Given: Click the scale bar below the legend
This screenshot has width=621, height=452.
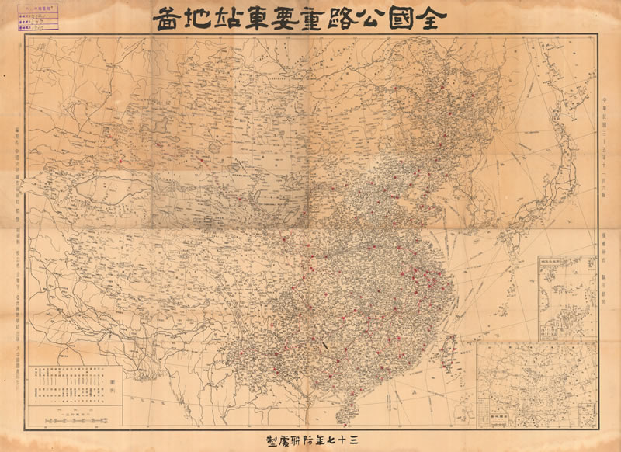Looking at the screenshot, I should click(x=71, y=420).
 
